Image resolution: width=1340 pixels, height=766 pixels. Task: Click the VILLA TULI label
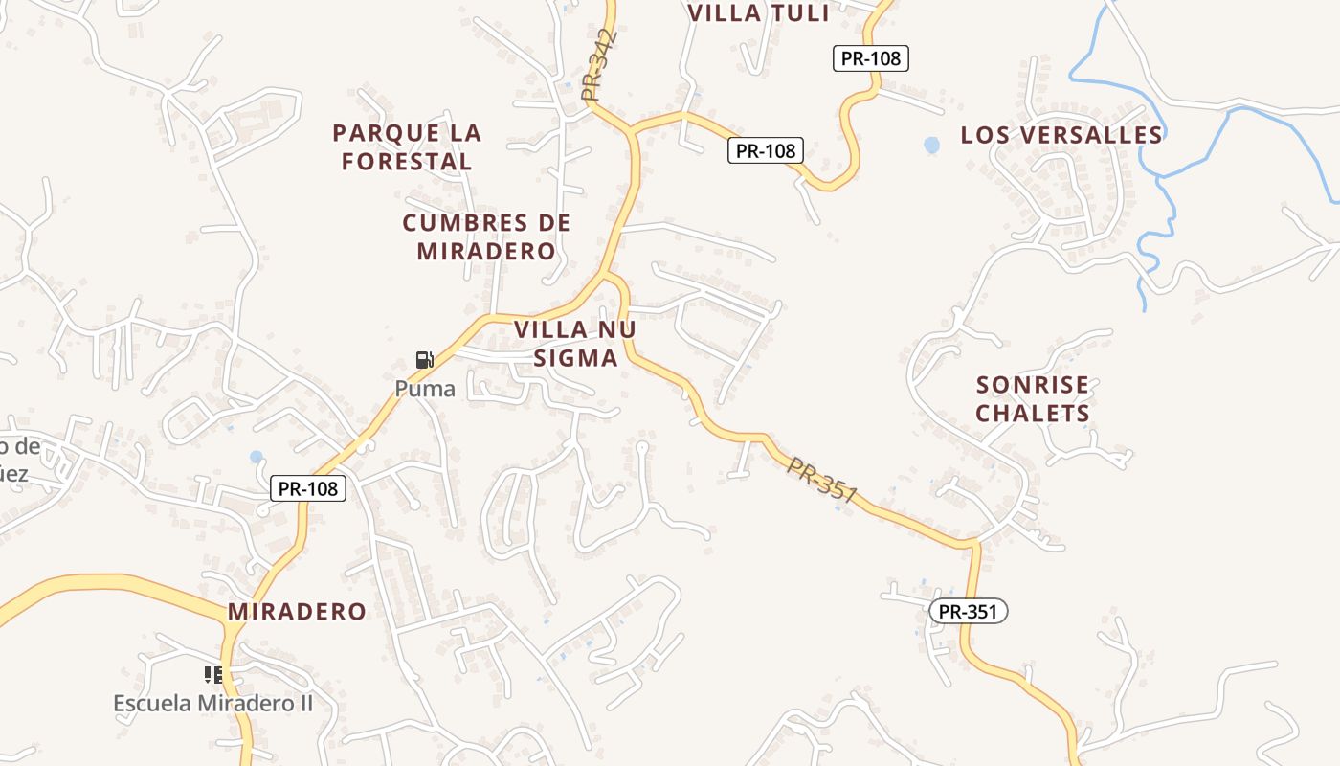(x=758, y=13)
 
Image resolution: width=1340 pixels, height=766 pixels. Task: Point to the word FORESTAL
(x=407, y=162)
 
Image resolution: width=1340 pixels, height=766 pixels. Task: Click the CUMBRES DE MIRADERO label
(x=486, y=237)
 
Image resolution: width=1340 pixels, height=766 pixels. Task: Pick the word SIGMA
(x=575, y=358)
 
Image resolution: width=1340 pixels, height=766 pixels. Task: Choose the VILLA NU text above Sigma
(x=575, y=329)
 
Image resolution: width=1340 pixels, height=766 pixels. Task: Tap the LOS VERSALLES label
(x=1061, y=135)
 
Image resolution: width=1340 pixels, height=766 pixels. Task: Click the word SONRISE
(x=1033, y=385)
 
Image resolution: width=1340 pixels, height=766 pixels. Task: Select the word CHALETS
(x=1033, y=414)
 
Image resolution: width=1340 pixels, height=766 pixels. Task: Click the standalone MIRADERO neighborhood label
(x=297, y=612)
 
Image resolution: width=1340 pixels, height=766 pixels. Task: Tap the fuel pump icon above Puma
(x=424, y=360)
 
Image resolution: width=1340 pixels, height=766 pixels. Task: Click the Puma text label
(x=424, y=389)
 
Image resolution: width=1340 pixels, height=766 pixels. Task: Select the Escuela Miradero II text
(x=213, y=703)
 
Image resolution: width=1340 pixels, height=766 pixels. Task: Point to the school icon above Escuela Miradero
(x=213, y=675)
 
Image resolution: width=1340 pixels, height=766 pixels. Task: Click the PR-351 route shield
(x=968, y=611)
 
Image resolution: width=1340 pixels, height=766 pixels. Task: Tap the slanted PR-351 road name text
(x=821, y=478)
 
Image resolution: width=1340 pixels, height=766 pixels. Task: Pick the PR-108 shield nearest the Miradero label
(x=307, y=488)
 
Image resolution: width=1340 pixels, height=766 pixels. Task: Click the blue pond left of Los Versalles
(x=931, y=145)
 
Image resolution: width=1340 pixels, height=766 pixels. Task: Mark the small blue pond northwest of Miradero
(x=256, y=457)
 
